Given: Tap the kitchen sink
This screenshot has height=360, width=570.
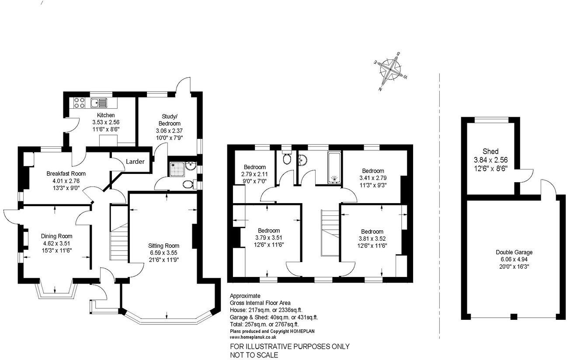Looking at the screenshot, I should tap(99, 103).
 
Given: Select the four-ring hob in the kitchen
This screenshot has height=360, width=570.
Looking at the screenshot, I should tap(79, 103).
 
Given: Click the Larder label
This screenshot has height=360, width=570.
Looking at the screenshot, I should tap(135, 162).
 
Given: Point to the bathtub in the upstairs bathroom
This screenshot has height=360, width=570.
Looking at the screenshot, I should tap(334, 168).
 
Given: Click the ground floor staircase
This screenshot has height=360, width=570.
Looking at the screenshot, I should tap(118, 240).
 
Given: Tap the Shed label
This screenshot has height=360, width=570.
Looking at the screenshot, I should tap(490, 151).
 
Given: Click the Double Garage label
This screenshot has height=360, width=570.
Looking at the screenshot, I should tap(514, 252).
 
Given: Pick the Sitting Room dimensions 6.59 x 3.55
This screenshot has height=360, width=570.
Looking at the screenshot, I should tap(163, 253).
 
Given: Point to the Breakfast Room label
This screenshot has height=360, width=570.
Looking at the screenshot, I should tap(66, 173).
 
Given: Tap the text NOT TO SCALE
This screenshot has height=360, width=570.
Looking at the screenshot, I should tap(254, 355).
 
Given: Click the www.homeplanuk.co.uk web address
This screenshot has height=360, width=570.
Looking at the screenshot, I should tap(253, 337).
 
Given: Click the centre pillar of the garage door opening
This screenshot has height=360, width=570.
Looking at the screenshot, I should tap(514, 317).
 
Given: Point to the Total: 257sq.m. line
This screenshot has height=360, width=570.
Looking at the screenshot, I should tap(264, 324).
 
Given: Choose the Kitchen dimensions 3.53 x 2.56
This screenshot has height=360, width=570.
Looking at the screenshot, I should tap(106, 122).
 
